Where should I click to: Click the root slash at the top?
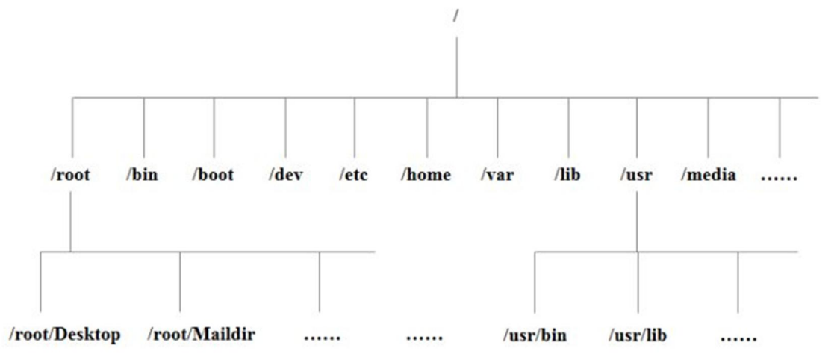[455, 15]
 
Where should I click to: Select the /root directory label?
[69, 176]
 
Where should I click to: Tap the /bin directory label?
[143, 176]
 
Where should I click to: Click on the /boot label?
[213, 176]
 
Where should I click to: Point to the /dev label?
[284, 176]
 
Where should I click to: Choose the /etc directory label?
[353, 176]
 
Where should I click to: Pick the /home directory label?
[426, 176]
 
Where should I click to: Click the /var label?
[497, 176]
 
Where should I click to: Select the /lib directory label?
[567, 176]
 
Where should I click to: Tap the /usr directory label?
[637, 176]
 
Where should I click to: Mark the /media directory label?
[708, 176]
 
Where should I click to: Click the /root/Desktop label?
[64, 334]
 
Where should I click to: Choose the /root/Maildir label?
[202, 334]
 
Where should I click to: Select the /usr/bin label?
[535, 335]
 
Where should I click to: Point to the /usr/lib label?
[637, 335]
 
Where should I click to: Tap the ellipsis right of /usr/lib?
[738, 338]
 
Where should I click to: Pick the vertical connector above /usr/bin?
[535, 282]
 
